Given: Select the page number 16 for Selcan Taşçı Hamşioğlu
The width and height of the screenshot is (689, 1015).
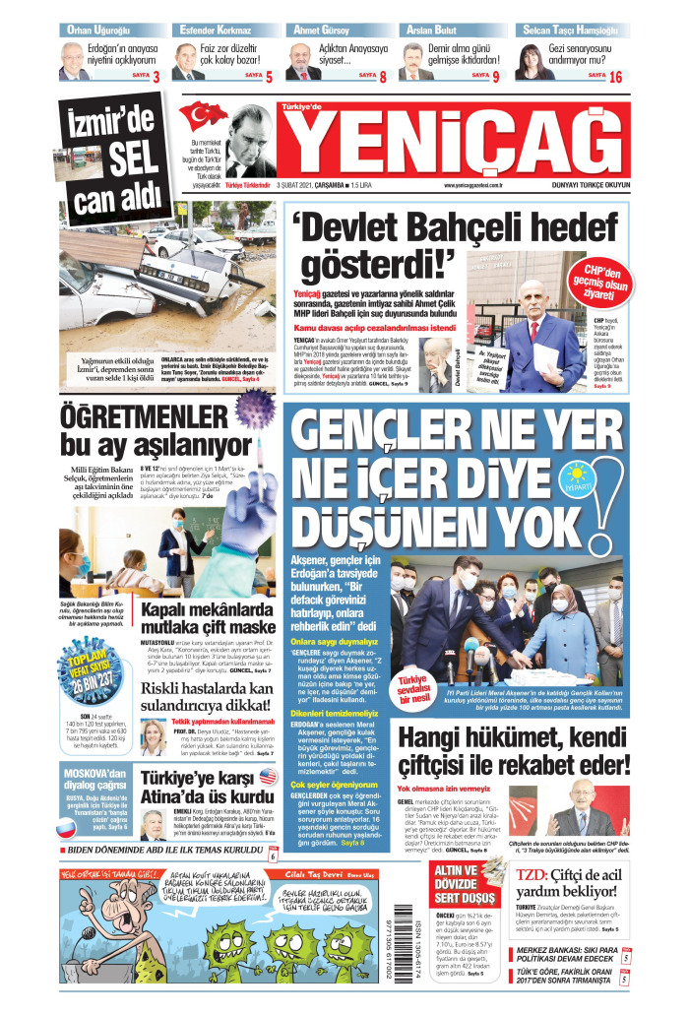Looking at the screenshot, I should (615, 76).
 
